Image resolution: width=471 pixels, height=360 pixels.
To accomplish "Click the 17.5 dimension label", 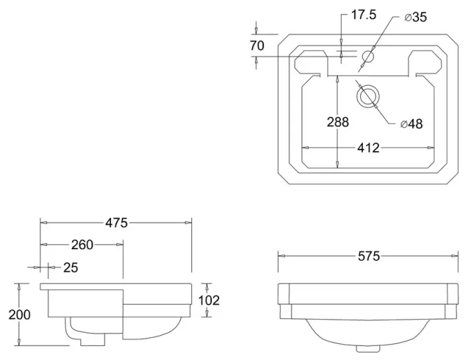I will coord(363,15).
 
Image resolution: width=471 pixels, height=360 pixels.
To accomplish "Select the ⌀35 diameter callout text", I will coord(415,17).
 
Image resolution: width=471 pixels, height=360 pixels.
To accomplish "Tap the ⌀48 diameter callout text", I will coord(411,124).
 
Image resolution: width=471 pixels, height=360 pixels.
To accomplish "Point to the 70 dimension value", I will coord(257,46).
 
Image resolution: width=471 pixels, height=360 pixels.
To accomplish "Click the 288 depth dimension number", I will coord(337,122).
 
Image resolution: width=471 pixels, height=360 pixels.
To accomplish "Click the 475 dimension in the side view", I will coord(116,222).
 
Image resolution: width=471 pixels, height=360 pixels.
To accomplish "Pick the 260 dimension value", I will coord(82,244).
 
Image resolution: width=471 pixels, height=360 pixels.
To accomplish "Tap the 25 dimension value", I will coord(71,267).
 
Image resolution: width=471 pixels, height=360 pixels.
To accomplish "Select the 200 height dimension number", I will coord(20,314).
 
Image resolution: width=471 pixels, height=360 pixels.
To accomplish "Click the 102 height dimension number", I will coord(208,300).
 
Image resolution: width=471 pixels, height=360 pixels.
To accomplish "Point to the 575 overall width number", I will coord(368,256).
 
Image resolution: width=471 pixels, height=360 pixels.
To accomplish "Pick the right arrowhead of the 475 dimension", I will coord(189,222).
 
